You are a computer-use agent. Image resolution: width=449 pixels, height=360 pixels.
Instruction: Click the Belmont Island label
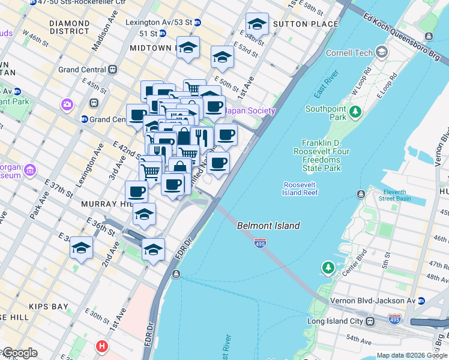click(x=268, y=226)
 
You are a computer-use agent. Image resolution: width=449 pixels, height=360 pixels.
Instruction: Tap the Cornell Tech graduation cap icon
click(x=381, y=52)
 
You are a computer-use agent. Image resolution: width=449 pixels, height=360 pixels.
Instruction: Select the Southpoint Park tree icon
click(x=355, y=111)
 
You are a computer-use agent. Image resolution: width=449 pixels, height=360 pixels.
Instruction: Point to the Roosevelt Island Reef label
click(x=300, y=188)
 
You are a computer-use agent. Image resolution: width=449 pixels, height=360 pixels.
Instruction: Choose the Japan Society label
click(x=250, y=111)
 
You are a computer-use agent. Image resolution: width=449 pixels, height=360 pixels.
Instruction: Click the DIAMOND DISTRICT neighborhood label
click(x=70, y=28)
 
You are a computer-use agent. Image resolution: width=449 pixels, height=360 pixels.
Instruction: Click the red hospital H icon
click(x=103, y=347)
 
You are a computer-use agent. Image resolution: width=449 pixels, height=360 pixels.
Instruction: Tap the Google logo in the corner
click(x=19, y=353)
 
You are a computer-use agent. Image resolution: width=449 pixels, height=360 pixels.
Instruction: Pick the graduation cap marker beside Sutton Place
click(x=257, y=25)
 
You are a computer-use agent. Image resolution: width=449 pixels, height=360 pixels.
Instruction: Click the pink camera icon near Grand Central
click(x=67, y=105)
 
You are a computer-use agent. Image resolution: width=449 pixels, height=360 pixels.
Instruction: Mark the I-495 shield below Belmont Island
click(x=260, y=243)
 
